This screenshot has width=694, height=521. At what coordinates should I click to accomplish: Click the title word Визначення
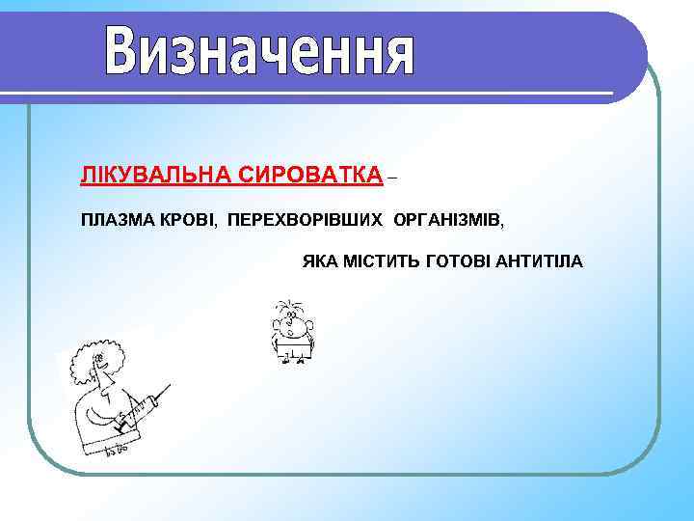pyautogui.click(x=260, y=53)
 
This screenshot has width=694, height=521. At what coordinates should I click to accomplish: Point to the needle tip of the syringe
pyautogui.click(x=171, y=384)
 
